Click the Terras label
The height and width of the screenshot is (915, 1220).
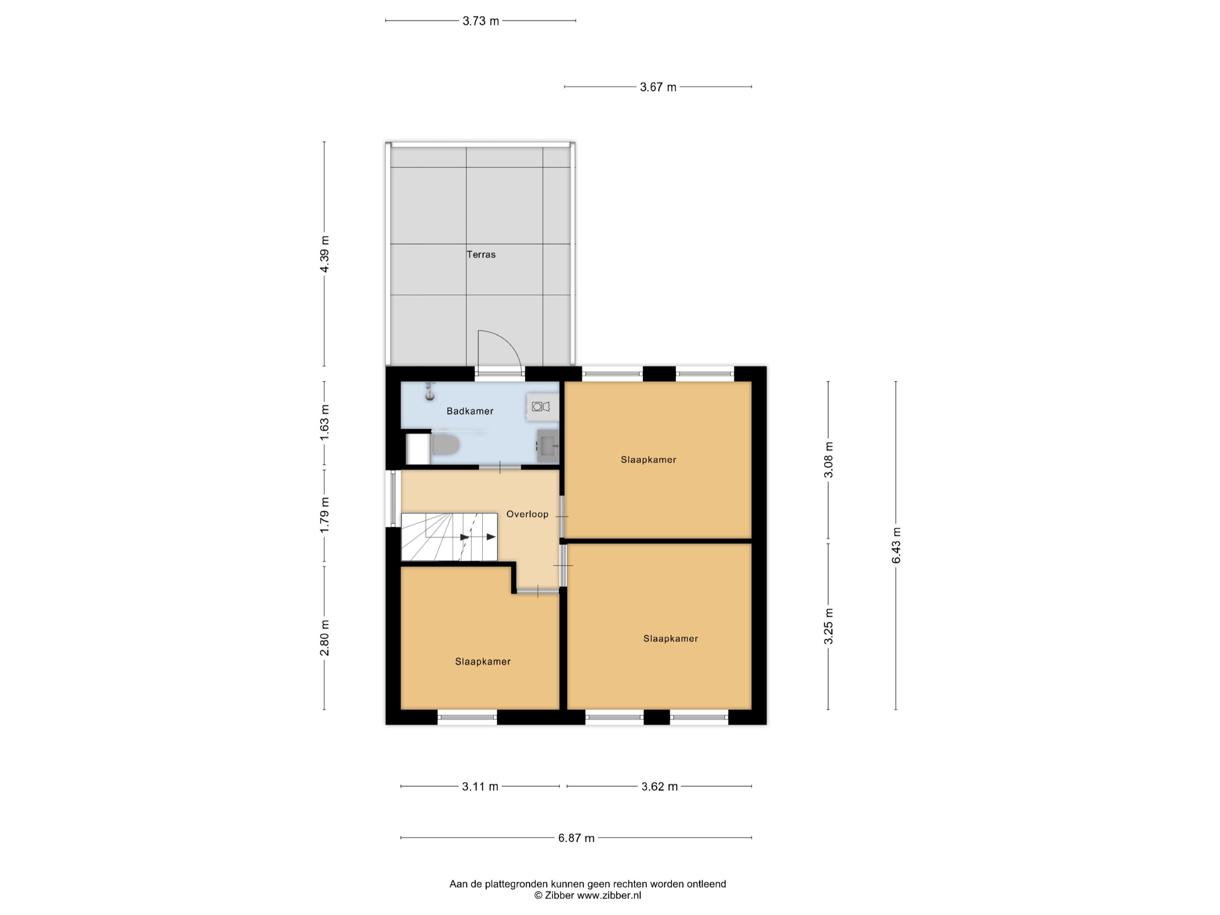(x=481, y=254)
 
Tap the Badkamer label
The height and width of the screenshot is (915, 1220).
(x=470, y=411)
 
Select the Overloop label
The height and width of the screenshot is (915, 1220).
(x=527, y=514)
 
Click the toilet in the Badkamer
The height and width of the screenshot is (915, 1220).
(x=445, y=444)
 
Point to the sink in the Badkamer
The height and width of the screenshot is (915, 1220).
(x=548, y=446)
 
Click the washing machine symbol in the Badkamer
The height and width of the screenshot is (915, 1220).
(x=541, y=407)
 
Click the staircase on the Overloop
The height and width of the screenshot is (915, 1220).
(x=449, y=537)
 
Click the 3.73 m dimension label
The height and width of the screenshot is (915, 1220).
(x=481, y=21)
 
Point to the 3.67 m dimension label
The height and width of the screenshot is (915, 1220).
(x=658, y=87)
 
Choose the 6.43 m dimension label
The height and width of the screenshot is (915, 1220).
(x=896, y=546)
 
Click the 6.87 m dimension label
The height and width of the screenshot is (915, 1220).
(x=576, y=838)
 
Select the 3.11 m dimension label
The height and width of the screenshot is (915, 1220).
(x=480, y=786)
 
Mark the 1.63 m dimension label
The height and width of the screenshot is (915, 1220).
(x=324, y=423)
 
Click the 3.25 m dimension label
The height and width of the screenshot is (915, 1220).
(x=828, y=626)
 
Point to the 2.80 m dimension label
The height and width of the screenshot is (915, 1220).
(x=324, y=637)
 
